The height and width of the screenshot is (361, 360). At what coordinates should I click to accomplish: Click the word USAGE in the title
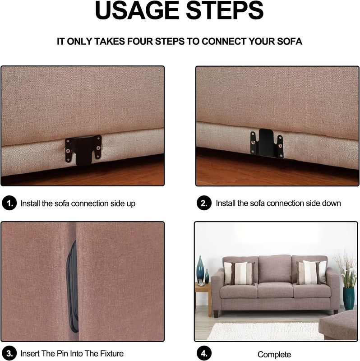click(137, 10)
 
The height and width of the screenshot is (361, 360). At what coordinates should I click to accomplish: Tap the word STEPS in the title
click(225, 10)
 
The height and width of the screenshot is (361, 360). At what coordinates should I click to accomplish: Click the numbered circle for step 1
click(9, 203)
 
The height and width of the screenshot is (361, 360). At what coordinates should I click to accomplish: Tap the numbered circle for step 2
click(204, 203)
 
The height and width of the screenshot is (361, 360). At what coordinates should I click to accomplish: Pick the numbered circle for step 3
click(9, 353)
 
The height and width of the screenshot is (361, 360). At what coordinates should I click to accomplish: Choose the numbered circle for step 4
click(204, 353)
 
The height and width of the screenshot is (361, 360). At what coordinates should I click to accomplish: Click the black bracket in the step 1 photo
click(83, 150)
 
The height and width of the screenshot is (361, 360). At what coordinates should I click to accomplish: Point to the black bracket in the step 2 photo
click(267, 143)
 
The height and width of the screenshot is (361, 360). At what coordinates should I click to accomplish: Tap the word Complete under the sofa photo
click(274, 355)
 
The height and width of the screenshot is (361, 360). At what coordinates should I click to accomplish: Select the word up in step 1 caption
click(131, 204)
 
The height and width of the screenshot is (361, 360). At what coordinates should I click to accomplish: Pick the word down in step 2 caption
click(330, 204)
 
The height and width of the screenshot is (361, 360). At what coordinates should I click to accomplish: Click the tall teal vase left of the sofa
click(200, 268)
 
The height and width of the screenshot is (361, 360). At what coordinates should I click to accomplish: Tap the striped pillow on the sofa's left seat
click(240, 273)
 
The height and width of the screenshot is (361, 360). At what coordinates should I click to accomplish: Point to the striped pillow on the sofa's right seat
click(311, 273)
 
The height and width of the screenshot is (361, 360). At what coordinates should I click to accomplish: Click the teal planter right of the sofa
click(349, 298)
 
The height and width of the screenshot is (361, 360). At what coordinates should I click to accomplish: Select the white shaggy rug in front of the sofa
click(265, 331)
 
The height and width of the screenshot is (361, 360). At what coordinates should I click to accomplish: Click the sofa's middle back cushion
click(275, 269)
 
